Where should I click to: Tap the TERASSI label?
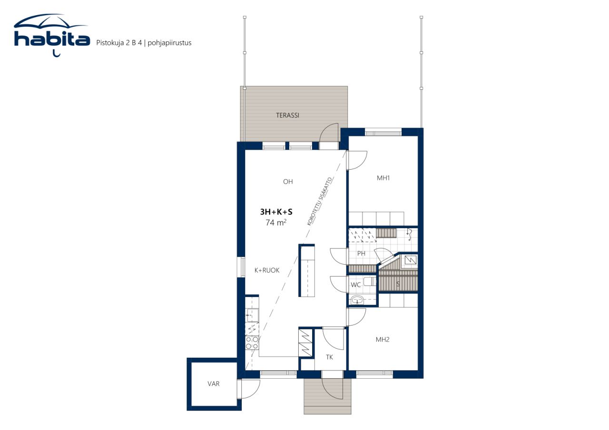coord(287,115)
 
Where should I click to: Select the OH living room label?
coord(287,182)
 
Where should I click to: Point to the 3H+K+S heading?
coord(276,212)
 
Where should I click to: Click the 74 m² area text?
coord(276,222)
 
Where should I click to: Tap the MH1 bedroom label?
coord(383,178)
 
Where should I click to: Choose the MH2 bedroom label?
coord(383,340)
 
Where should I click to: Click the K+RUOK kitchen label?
coord(266,270)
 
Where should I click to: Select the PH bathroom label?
coord(361,253)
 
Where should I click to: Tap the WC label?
coord(356,285)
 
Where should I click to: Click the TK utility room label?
coord(329,357)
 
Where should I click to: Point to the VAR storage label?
coord(214,384)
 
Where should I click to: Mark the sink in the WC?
coord(357,299)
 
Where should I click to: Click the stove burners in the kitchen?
coord(252,343)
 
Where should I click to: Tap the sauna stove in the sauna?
coord(410,260)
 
